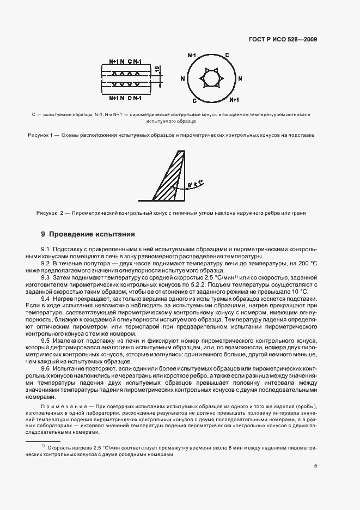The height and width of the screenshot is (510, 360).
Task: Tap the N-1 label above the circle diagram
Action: [x=191, y=56]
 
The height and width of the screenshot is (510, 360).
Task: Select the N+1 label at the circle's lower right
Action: [x=234, y=100]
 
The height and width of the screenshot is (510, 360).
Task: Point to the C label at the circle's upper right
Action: [x=227, y=56]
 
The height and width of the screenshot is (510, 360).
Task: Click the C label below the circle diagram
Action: [x=195, y=100]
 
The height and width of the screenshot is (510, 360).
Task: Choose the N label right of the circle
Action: [x=240, y=78]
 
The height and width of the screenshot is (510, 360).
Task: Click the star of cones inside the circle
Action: [x=210, y=78]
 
